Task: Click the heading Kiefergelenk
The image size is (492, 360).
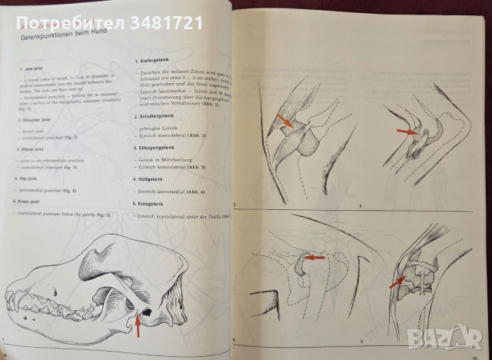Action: click(x=155, y=60)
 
